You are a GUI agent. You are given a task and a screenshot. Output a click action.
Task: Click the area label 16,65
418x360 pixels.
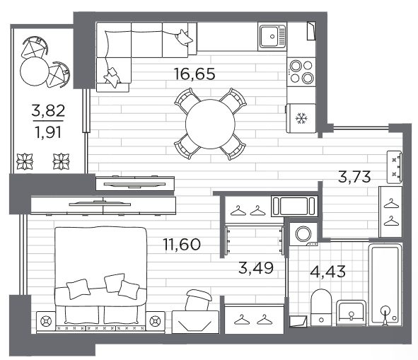pyautogui.click(x=195, y=74)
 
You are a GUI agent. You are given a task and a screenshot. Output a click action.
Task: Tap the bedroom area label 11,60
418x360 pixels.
pyautogui.click(x=182, y=244)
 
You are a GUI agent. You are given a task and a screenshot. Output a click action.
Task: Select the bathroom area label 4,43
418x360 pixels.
pyautogui.click(x=328, y=272)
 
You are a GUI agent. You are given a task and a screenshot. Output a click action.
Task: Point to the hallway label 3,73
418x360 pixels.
pyautogui.click(x=354, y=177)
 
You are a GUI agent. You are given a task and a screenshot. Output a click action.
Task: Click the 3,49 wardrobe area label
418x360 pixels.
pyautogui.click(x=256, y=268)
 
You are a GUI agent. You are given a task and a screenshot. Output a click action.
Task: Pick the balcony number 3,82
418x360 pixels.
pyautogui.click(x=48, y=110)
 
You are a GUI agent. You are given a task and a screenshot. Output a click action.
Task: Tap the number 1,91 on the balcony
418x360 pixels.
pyautogui.click(x=48, y=132)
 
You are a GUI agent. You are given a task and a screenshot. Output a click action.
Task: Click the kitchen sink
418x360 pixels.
pyautogui.click(x=272, y=37)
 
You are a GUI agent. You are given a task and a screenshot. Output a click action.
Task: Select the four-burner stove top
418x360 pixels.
pyautogui.click(x=301, y=71)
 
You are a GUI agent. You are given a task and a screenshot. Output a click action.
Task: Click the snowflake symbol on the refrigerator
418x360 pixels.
pyautogui.click(x=302, y=118)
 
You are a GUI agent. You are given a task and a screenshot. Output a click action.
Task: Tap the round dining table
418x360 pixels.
pyautogui.click(x=210, y=124)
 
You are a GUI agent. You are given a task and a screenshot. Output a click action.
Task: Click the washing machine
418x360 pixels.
pyautogui.click(x=303, y=234)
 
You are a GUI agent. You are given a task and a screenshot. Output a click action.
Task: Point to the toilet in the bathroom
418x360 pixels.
pyautogui.click(x=321, y=308)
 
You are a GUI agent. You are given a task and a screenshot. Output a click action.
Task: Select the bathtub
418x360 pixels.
pyautogui.click(x=385, y=284)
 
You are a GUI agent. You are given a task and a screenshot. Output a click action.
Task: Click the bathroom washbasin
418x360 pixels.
pyautogui.click(x=351, y=313)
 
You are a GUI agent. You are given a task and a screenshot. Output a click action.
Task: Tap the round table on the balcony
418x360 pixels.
pyautogui.click(x=35, y=71)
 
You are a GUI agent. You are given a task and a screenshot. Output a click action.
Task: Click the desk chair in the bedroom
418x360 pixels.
pyautogui.click(x=198, y=301)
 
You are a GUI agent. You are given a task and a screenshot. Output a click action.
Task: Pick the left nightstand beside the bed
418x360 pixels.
pyautogui.click(x=46, y=322)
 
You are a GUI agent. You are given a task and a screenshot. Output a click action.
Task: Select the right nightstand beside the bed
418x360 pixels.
pyautogui.click(x=155, y=322)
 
